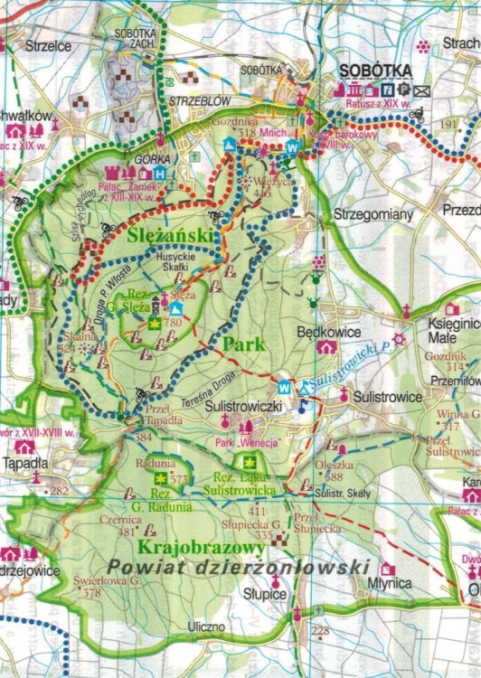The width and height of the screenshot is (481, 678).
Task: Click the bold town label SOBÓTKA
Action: (374, 71)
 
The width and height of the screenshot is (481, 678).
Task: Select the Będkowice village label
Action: (329, 332)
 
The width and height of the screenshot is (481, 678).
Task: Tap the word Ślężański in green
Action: (171, 235)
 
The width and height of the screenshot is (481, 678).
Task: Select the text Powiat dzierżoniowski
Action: (238, 566)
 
